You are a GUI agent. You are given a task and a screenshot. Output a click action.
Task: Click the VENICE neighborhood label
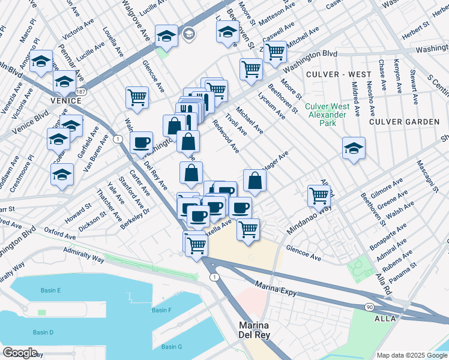(x=65, y=101)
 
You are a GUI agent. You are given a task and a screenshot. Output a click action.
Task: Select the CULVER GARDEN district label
(x=404, y=122)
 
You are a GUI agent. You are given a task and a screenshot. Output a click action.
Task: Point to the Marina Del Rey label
(x=252, y=331)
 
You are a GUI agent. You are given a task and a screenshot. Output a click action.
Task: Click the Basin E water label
(x=51, y=290)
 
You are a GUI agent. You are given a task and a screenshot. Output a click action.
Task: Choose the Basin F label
(x=161, y=310)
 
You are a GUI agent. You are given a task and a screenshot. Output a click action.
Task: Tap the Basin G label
(x=172, y=347)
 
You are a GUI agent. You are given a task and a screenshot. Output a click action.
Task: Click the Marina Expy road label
(x=275, y=284)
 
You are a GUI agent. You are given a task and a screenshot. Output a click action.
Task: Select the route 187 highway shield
(x=81, y=91)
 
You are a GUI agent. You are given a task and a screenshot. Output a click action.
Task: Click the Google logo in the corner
(x=20, y=353)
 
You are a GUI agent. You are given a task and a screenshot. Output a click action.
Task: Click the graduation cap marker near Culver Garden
(x=354, y=148)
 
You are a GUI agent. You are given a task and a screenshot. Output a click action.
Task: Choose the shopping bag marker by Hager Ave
(x=255, y=181)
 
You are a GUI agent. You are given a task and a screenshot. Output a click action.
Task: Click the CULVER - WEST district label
(x=338, y=74)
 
